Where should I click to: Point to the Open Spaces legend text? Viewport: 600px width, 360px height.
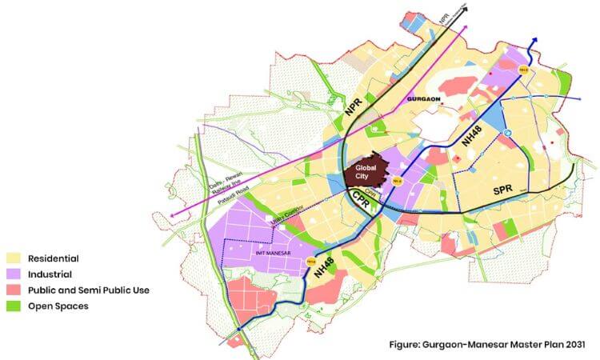coord(58,306)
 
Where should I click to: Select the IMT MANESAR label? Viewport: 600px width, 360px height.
coord(266,253)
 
